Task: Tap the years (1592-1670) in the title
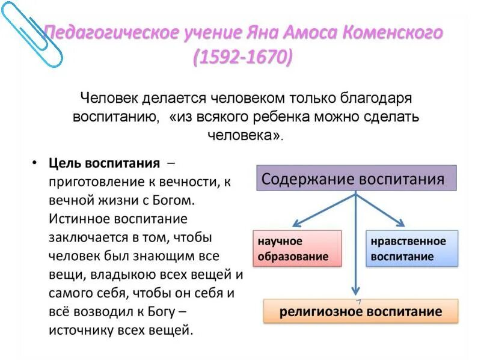[x=244, y=59]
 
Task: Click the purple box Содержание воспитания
[x=356, y=179]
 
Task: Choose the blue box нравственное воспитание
[x=412, y=249]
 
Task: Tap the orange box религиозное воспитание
[x=361, y=311]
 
